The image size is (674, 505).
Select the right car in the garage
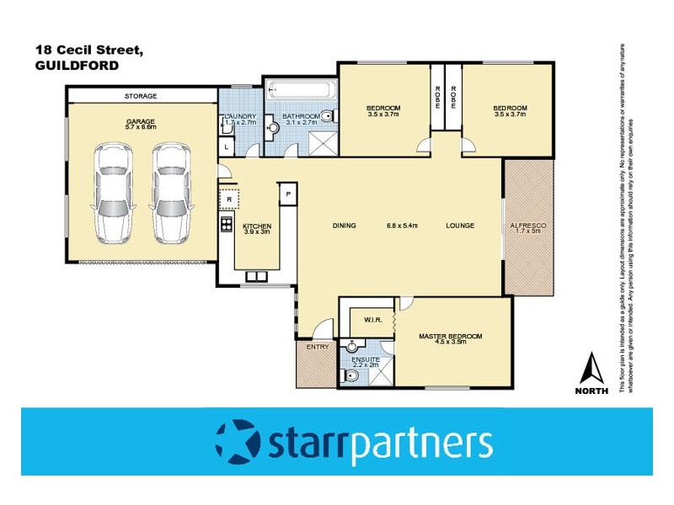171,192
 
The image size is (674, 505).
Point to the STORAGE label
141,96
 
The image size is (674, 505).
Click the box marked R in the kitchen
228,199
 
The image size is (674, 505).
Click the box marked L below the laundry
226,147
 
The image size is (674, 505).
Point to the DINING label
345,226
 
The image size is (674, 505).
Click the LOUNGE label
460,226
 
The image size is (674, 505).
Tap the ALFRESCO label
528,226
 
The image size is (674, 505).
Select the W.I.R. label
375,320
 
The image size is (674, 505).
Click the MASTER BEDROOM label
451,337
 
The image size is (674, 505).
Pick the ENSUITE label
365,359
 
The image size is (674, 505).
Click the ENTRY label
318,347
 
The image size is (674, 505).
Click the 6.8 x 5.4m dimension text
403,226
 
